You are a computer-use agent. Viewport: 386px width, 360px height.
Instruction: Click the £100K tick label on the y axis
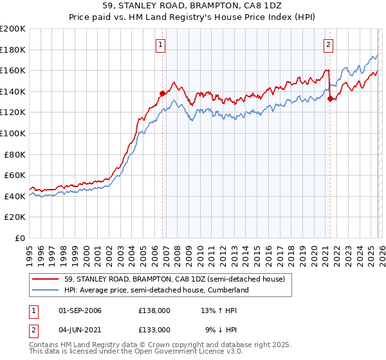click(13, 133)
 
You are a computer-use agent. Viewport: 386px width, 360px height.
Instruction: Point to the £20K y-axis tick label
click(15, 217)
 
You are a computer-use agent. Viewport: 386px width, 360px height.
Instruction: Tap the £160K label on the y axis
click(13, 70)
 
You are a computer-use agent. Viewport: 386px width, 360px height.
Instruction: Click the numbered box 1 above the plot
click(160, 44)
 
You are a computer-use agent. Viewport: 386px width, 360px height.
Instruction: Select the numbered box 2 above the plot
click(328, 44)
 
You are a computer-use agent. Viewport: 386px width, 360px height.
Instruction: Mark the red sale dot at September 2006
click(162, 93)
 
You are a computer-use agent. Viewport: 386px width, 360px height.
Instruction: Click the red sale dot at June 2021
click(330, 98)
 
